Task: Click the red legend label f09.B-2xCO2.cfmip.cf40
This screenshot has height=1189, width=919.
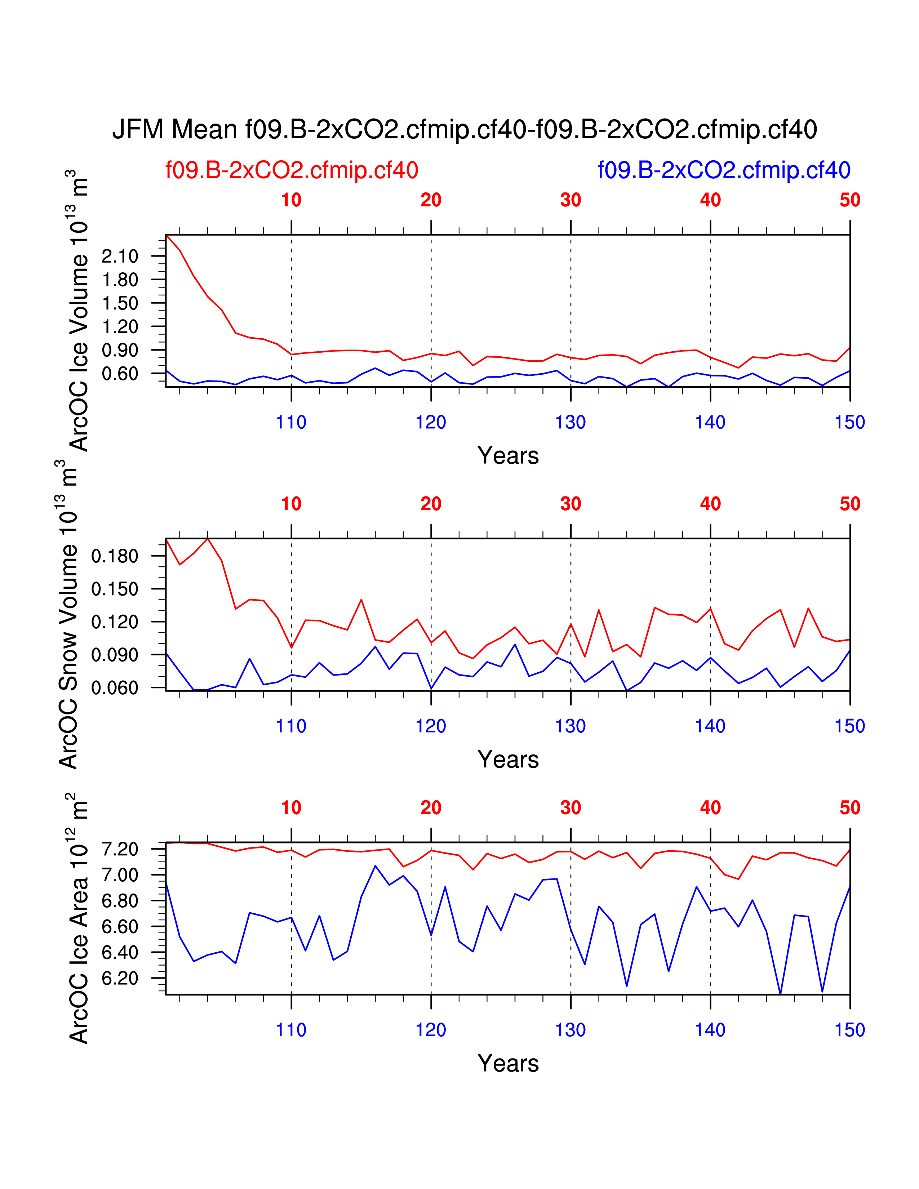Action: point(292,170)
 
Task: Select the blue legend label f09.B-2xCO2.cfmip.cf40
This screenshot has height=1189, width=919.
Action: point(724,170)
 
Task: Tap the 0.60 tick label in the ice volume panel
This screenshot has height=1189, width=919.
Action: point(120,374)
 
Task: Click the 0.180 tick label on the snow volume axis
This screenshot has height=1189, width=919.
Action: point(115,556)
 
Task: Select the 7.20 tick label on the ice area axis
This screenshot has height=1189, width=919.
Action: point(120,849)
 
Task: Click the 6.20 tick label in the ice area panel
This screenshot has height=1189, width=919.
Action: point(120,978)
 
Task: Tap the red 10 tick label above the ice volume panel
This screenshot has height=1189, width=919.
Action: point(291,200)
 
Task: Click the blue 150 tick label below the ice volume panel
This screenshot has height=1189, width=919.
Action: point(849,423)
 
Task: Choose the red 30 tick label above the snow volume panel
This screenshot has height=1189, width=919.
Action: point(571,504)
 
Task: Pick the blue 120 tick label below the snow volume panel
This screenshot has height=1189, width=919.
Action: point(431,726)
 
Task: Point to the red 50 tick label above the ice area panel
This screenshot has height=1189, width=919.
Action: point(850,808)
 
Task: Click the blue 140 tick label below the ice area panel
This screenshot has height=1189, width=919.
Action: point(710,1030)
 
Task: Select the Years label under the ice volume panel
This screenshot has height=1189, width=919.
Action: point(508,456)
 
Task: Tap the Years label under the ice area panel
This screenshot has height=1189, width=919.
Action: point(508,1063)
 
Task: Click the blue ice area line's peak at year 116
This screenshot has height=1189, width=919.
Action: point(375,865)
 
